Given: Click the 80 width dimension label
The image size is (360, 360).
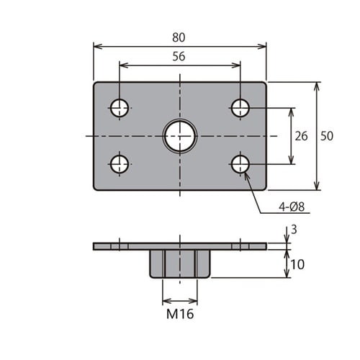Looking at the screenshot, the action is coord(179,37).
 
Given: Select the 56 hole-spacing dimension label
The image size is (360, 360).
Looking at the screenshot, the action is coord(179,56).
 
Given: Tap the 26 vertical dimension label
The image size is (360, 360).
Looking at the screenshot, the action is coord(301,136).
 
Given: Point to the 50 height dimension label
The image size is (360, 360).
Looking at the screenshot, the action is coord(327,136).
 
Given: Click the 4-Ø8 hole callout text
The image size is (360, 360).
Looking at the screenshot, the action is coord(292,207).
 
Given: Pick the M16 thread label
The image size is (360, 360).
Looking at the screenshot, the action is coord(180,314).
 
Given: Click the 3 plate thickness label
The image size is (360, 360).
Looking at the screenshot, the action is coord(294,230).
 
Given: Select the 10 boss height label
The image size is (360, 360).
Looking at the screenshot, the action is coord(297,264).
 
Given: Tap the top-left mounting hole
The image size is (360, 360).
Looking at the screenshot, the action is coord(120,108).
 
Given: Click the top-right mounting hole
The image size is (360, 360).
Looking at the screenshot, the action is coord(240,108).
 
